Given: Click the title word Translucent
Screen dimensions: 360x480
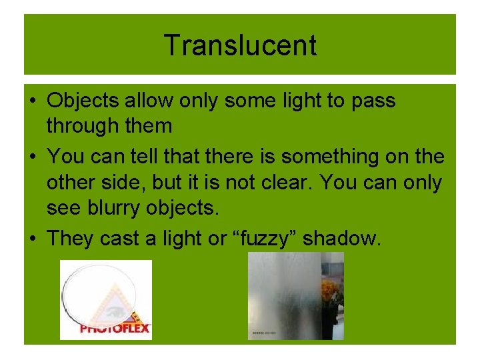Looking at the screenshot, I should tap(240, 45).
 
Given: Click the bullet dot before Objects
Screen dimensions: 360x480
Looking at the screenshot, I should tap(31, 101).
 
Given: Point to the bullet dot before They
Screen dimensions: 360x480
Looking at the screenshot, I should tap(31, 239).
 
